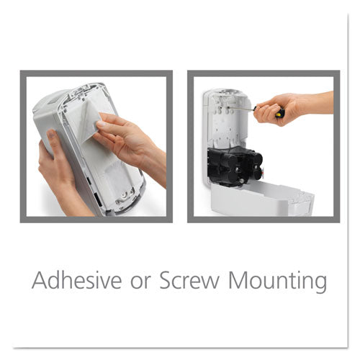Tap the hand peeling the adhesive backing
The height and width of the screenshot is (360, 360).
coord(130,137)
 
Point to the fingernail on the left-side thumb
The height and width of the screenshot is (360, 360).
coord(51,135)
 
